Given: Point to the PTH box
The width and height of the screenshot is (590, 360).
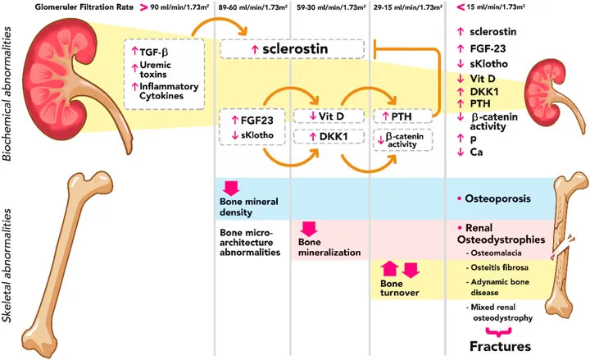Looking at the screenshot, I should [402, 116].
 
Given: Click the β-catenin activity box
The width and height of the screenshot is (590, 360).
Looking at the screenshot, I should [402, 140].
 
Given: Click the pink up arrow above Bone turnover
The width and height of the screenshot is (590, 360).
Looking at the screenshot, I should [389, 268].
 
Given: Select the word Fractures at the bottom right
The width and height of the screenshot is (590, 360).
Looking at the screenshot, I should [499, 346].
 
